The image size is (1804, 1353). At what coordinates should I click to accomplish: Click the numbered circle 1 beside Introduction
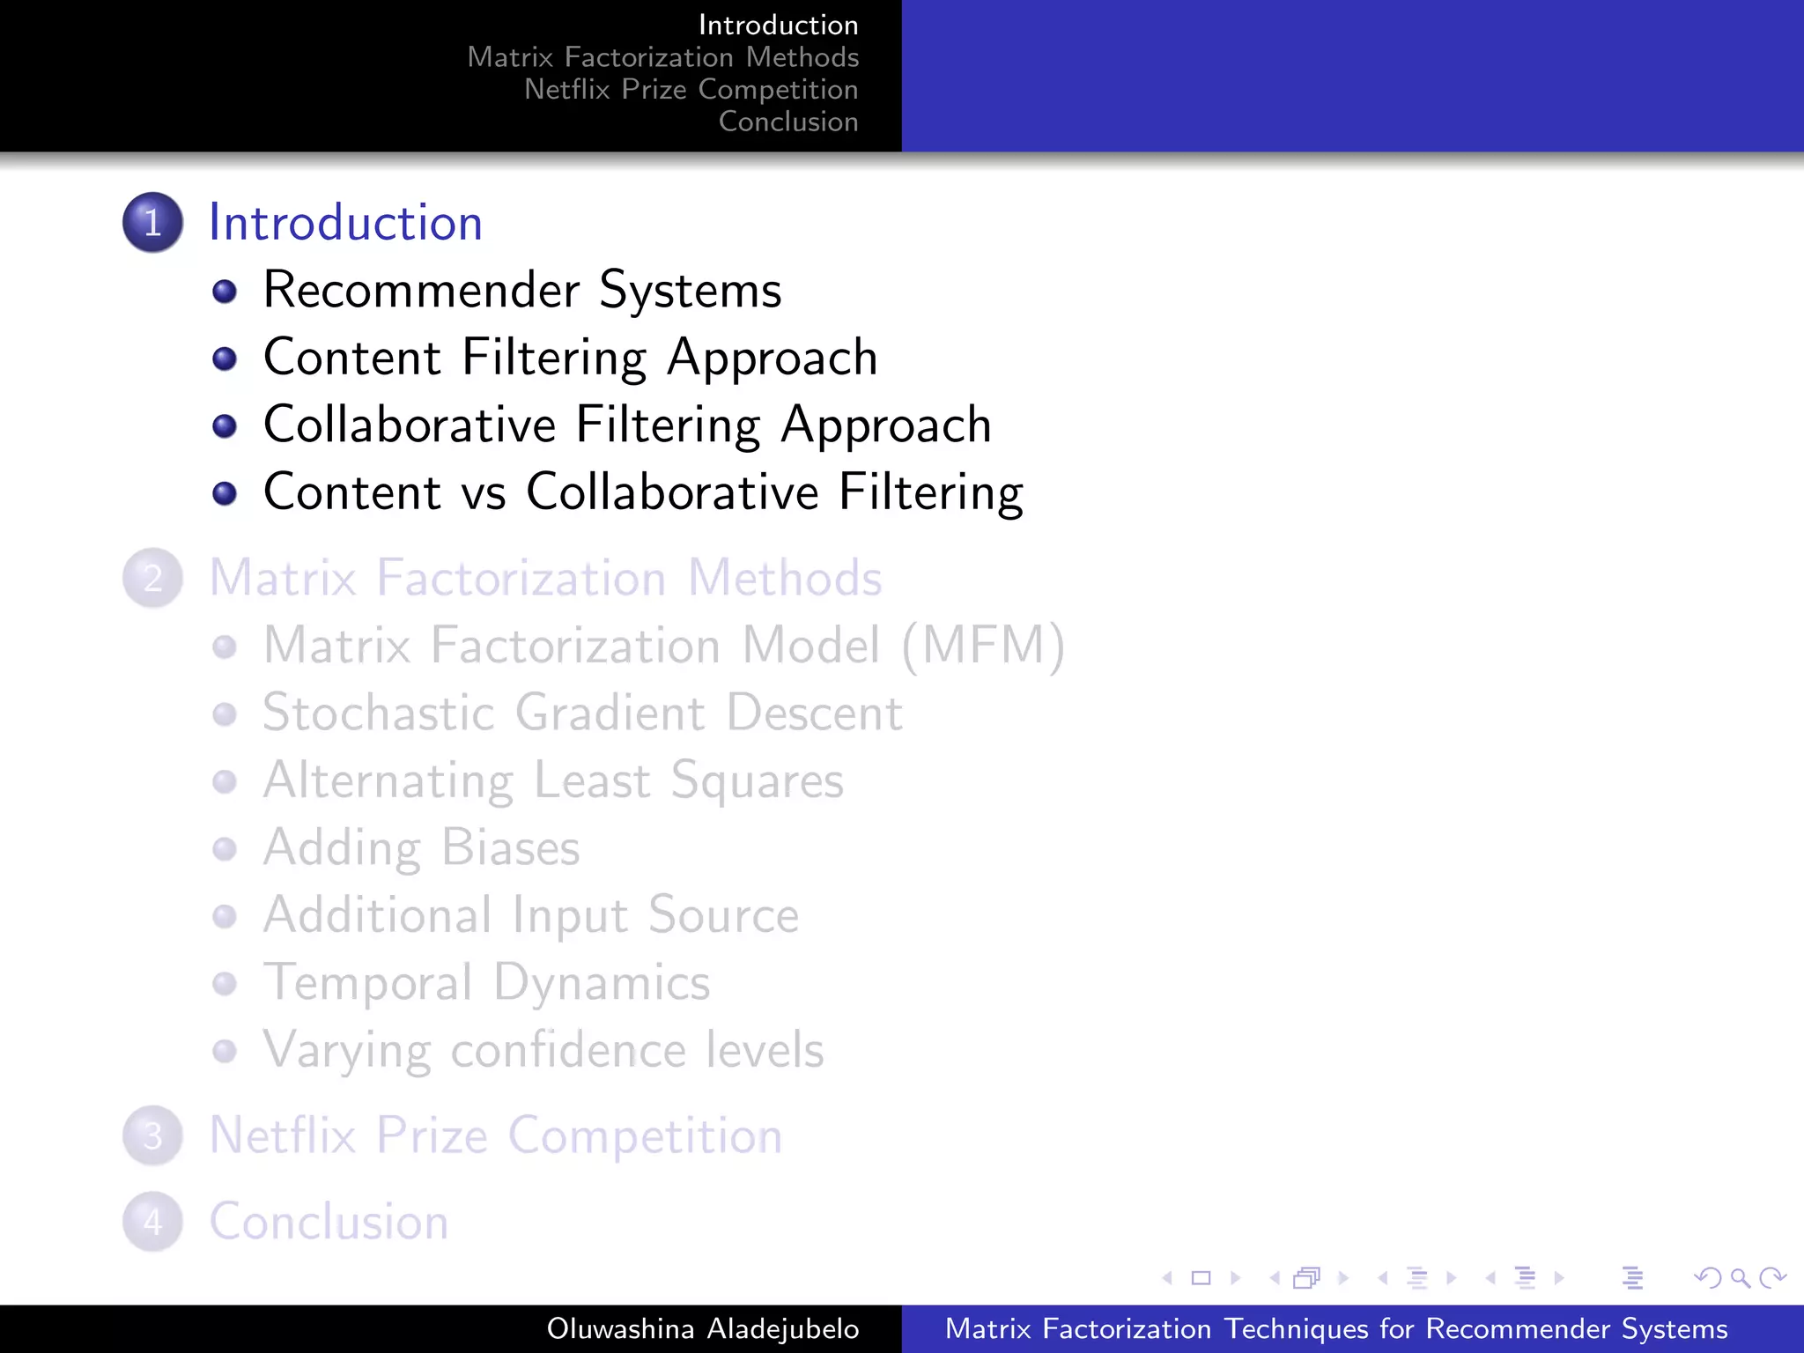152,222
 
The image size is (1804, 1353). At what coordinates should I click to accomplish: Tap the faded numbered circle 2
152,578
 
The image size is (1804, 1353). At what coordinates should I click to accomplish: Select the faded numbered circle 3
152,1135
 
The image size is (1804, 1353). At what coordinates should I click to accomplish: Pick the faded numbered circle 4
152,1222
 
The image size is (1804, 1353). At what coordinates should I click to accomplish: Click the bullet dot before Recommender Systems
225,292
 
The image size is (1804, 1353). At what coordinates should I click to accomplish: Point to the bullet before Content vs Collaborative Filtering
225,493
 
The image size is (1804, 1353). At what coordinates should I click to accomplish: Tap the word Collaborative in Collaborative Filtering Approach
410,425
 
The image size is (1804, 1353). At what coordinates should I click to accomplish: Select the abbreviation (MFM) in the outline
983,646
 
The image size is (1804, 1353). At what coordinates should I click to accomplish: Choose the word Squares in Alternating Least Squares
757,781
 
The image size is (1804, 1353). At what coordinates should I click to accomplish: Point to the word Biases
510,847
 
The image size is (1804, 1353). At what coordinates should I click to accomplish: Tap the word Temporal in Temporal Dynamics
368,983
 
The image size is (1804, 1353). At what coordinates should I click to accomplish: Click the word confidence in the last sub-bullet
568,1050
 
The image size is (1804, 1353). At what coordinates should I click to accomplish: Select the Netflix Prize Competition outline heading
495,1135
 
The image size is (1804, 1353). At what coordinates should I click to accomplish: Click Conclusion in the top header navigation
788,122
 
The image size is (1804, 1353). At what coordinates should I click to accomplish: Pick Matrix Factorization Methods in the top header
662,57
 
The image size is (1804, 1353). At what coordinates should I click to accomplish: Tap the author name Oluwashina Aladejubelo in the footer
702,1328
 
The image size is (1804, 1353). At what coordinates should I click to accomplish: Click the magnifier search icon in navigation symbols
1740,1277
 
